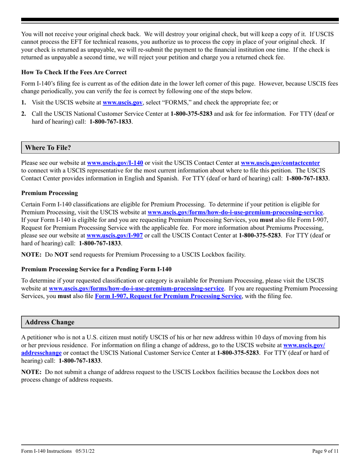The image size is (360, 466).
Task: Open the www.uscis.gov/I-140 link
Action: [115, 163]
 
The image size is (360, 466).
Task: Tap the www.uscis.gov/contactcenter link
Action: [280, 163]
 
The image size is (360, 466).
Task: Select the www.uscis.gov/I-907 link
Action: [115, 235]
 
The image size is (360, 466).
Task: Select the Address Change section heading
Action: [50, 322]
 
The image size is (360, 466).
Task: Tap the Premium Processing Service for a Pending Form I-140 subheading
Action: [96, 269]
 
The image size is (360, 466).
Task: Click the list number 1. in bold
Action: [24, 102]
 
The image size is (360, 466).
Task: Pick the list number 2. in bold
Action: [24, 113]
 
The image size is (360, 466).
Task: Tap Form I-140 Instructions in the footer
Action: [46, 451]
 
